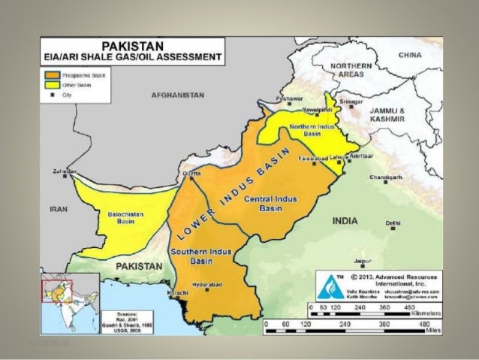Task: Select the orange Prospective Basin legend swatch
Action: pyautogui.click(x=51, y=76)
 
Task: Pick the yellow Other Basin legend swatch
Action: pyautogui.click(x=51, y=86)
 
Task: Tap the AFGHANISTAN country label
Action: pyautogui.click(x=178, y=96)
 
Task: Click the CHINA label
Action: pyautogui.click(x=410, y=55)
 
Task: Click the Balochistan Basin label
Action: pyautogui.click(x=121, y=219)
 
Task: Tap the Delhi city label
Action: pyautogui.click(x=393, y=223)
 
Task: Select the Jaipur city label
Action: pyautogui.click(x=363, y=261)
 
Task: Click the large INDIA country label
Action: pyautogui.click(x=345, y=221)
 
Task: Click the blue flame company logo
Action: pyautogui.click(x=329, y=287)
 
